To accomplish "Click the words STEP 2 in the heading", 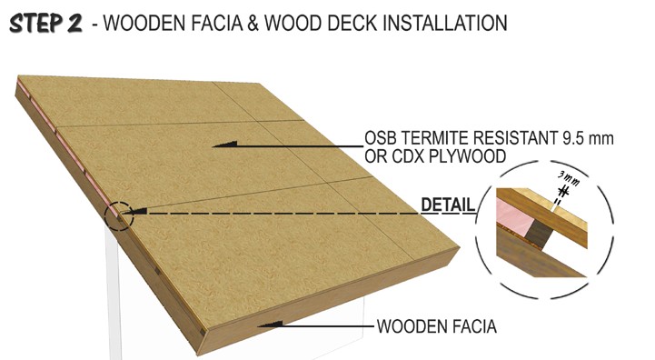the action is point(45,23).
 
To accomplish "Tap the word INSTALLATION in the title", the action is point(445,23).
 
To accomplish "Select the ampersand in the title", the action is point(253,23).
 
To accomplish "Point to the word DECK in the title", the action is point(352,23).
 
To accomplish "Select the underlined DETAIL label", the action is point(448,205).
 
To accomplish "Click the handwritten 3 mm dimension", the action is point(569,179).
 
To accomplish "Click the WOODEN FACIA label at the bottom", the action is point(437,326).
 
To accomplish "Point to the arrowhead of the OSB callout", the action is point(224,145).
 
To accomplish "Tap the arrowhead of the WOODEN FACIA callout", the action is point(270,325).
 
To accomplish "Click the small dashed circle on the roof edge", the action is point(119,215).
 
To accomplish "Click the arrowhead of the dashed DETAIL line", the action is point(139,213).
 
